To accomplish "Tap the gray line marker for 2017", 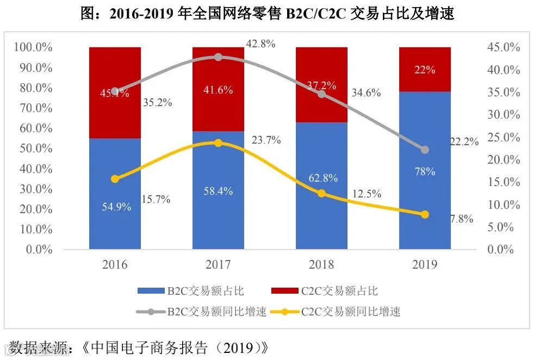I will click(218, 57).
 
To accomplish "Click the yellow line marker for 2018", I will click(321, 194).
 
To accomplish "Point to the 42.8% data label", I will click(260, 44).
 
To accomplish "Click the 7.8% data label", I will click(462, 219).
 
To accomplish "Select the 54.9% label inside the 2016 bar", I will click(115, 207).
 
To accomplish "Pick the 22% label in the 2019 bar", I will click(425, 70).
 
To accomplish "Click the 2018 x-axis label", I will click(321, 265).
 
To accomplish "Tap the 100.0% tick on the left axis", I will click(33, 48).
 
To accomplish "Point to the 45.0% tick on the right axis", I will click(504, 48).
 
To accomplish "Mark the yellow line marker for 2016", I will click(115, 179).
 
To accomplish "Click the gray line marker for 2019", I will click(425, 150).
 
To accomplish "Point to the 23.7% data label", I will click(266, 140).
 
